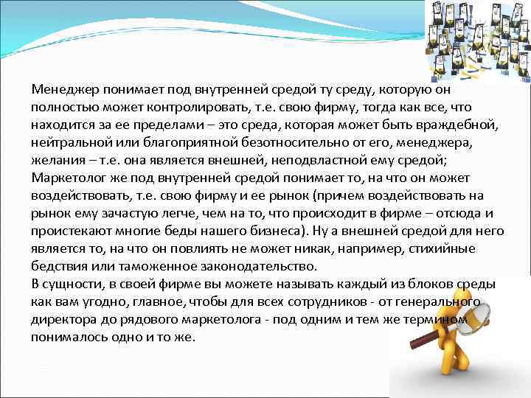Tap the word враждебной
(468, 125)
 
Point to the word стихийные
(472, 248)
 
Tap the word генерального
(438, 301)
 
